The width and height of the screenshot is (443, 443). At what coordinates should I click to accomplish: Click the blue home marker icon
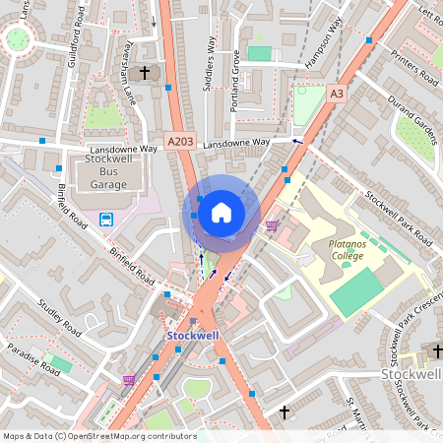(x=221, y=212)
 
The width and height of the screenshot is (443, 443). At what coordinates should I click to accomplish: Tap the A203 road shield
(x=180, y=142)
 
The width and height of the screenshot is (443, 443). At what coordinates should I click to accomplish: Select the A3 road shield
(x=337, y=94)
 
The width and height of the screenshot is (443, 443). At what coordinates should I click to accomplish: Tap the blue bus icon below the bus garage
(x=105, y=218)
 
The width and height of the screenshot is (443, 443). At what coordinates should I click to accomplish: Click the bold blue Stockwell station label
(x=192, y=336)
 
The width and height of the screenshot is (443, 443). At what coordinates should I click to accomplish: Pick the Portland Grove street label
(x=235, y=81)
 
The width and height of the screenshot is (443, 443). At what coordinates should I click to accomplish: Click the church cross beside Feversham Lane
(x=145, y=72)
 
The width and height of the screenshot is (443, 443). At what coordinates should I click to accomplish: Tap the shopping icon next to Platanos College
(x=272, y=225)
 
